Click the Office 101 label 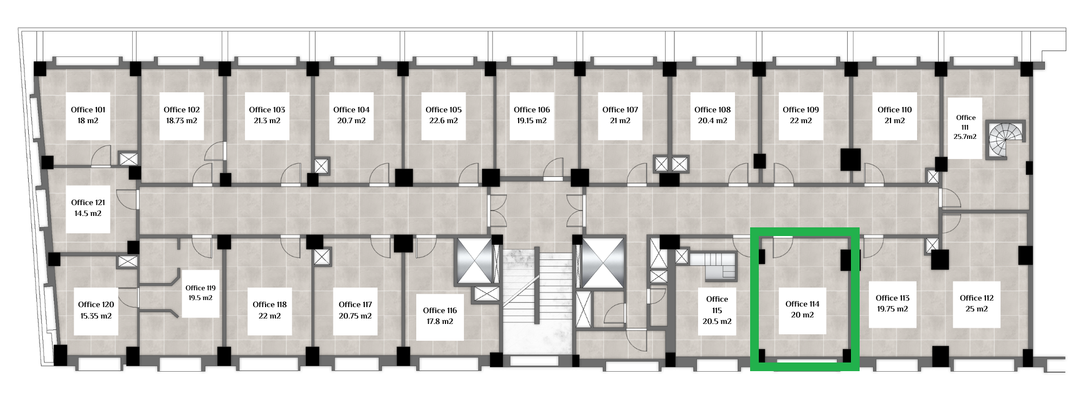(88, 110)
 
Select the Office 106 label (532, 110)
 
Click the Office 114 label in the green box (802, 304)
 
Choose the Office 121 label (88, 202)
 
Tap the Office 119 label (201, 288)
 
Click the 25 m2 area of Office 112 (977, 309)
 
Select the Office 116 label (440, 310)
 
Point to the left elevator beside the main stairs (474, 260)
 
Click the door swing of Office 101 (101, 156)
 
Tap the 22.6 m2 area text (443, 121)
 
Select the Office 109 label (801, 110)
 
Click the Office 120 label (96, 304)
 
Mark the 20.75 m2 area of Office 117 (355, 316)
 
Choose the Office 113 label (892, 298)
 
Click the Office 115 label (717, 305)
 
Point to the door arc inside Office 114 (783, 247)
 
